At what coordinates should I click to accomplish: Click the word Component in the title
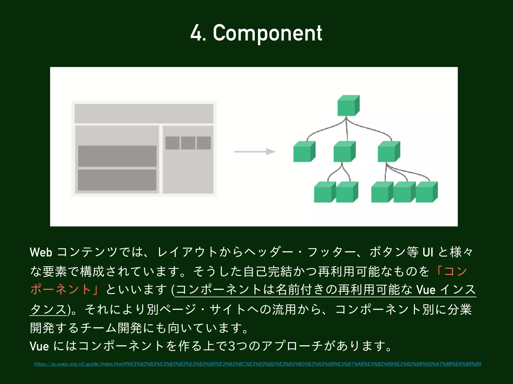pyautogui.click(x=267, y=33)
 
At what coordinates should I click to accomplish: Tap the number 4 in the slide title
pyautogui.click(x=196, y=33)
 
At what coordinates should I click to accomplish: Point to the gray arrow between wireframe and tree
pyautogui.click(x=254, y=151)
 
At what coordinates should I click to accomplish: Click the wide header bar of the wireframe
pyautogui.click(x=144, y=114)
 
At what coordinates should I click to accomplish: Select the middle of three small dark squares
pyautogui.click(x=188, y=143)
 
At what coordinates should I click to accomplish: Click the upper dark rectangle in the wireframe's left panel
pyautogui.click(x=117, y=156)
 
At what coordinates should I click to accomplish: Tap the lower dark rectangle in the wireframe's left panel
pyautogui.click(x=117, y=180)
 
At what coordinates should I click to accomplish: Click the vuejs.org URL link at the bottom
pyautogui.click(x=258, y=364)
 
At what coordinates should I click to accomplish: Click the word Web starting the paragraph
pyautogui.click(x=41, y=252)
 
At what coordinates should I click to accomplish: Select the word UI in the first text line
pyautogui.click(x=428, y=252)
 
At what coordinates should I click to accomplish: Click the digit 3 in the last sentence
pyautogui.click(x=232, y=346)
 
